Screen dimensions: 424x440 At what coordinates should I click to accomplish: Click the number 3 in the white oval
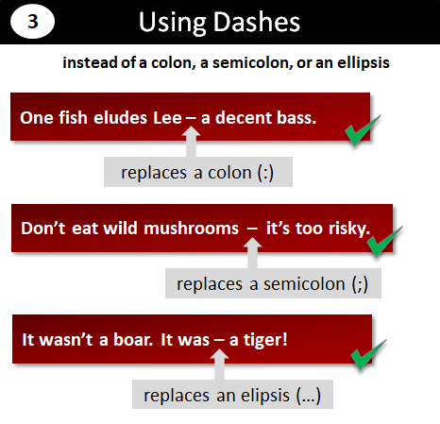pyautogui.click(x=34, y=23)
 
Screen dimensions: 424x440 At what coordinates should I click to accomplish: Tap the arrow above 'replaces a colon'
pyautogui.click(x=192, y=144)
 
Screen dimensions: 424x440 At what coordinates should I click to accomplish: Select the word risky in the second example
pyautogui.click(x=345, y=228)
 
